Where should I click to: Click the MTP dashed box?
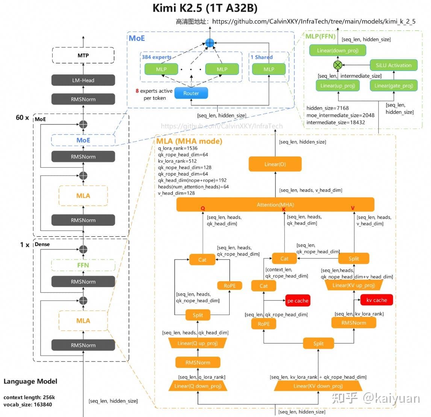(x=83, y=55)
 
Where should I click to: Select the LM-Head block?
(x=83, y=80)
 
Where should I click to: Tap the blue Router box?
(x=191, y=93)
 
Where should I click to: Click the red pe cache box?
(x=298, y=301)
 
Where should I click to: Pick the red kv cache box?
(x=377, y=300)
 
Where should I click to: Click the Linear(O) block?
(x=275, y=164)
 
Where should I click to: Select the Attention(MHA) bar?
(x=275, y=205)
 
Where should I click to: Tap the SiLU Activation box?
(x=393, y=65)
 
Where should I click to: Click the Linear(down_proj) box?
(x=337, y=51)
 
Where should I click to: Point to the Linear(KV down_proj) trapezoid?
(x=318, y=386)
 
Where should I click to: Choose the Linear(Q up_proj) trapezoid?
(x=197, y=343)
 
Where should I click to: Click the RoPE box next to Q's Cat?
(x=230, y=286)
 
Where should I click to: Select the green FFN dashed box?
(x=83, y=265)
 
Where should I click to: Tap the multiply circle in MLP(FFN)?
(x=338, y=65)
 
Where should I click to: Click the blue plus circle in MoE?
(x=210, y=43)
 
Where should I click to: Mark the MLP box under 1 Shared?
(x=269, y=69)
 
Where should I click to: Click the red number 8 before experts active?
(x=137, y=91)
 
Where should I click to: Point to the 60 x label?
(x=22, y=118)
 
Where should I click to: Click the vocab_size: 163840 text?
(x=28, y=405)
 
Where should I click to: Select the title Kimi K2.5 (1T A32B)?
(x=205, y=8)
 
